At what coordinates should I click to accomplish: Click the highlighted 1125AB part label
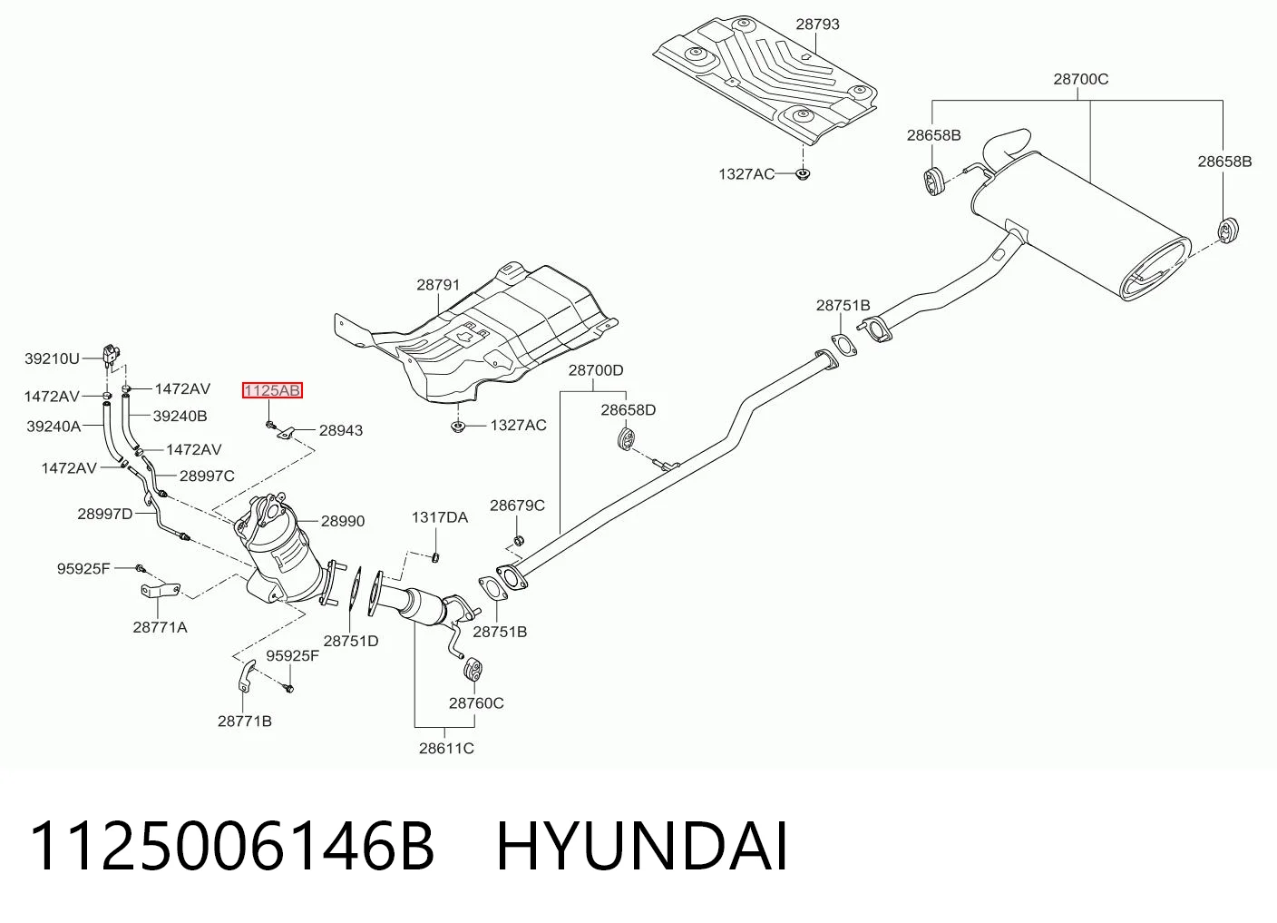point(272,391)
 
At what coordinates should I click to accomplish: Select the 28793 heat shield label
point(817,25)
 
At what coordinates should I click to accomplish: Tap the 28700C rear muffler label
point(1081,79)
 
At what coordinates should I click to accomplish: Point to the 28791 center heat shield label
point(438,285)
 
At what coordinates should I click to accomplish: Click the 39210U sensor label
point(52,358)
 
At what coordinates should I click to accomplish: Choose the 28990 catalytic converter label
point(343,521)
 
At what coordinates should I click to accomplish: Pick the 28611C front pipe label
point(446,749)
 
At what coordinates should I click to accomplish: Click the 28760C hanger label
point(476,703)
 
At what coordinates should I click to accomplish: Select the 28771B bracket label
point(245,722)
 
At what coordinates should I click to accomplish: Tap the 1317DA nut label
point(440,518)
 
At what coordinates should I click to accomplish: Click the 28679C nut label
point(517,506)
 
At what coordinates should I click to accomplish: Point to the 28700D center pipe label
point(596,371)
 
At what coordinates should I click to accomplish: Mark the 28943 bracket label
point(341,431)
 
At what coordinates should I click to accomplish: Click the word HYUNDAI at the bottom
point(642,847)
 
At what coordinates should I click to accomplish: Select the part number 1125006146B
point(232,847)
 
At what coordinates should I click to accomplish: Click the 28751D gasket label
point(351,641)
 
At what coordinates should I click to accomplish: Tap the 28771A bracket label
point(160,627)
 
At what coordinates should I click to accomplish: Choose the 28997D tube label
point(105,515)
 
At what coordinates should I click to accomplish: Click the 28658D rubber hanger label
point(629,410)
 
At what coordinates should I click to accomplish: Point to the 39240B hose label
point(180,417)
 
